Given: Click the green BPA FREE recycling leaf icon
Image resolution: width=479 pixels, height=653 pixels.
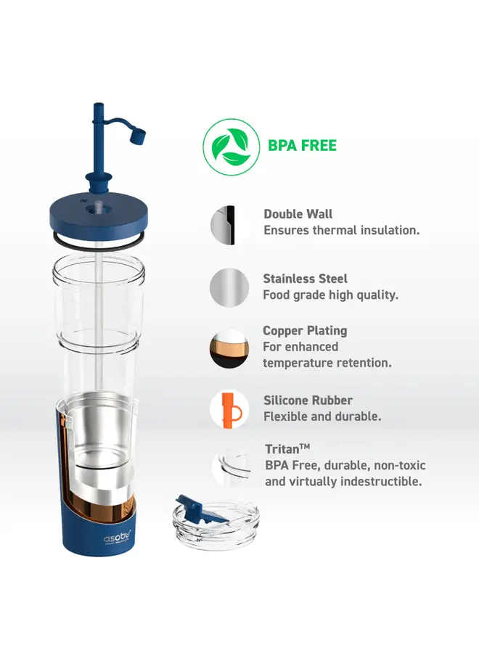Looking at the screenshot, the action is [232, 147].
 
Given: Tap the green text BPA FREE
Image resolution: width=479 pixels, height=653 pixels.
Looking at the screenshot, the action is [302, 146].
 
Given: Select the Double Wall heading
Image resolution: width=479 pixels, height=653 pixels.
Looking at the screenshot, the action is [298, 214].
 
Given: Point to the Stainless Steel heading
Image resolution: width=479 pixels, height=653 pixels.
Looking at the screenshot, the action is [305, 279].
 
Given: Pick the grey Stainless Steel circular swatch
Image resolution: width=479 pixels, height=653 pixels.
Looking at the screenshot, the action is [229, 288].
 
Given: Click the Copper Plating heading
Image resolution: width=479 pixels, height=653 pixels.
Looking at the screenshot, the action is [305, 331].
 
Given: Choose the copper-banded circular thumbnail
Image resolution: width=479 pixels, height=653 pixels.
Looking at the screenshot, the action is [229, 348].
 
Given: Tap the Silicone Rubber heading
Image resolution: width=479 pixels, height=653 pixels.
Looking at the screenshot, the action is [308, 401].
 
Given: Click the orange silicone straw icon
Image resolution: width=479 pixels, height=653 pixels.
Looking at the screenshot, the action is [229, 409].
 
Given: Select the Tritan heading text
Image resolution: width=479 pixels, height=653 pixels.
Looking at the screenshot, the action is [287, 449].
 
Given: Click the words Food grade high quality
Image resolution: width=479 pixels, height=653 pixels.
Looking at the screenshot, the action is [330, 295].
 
